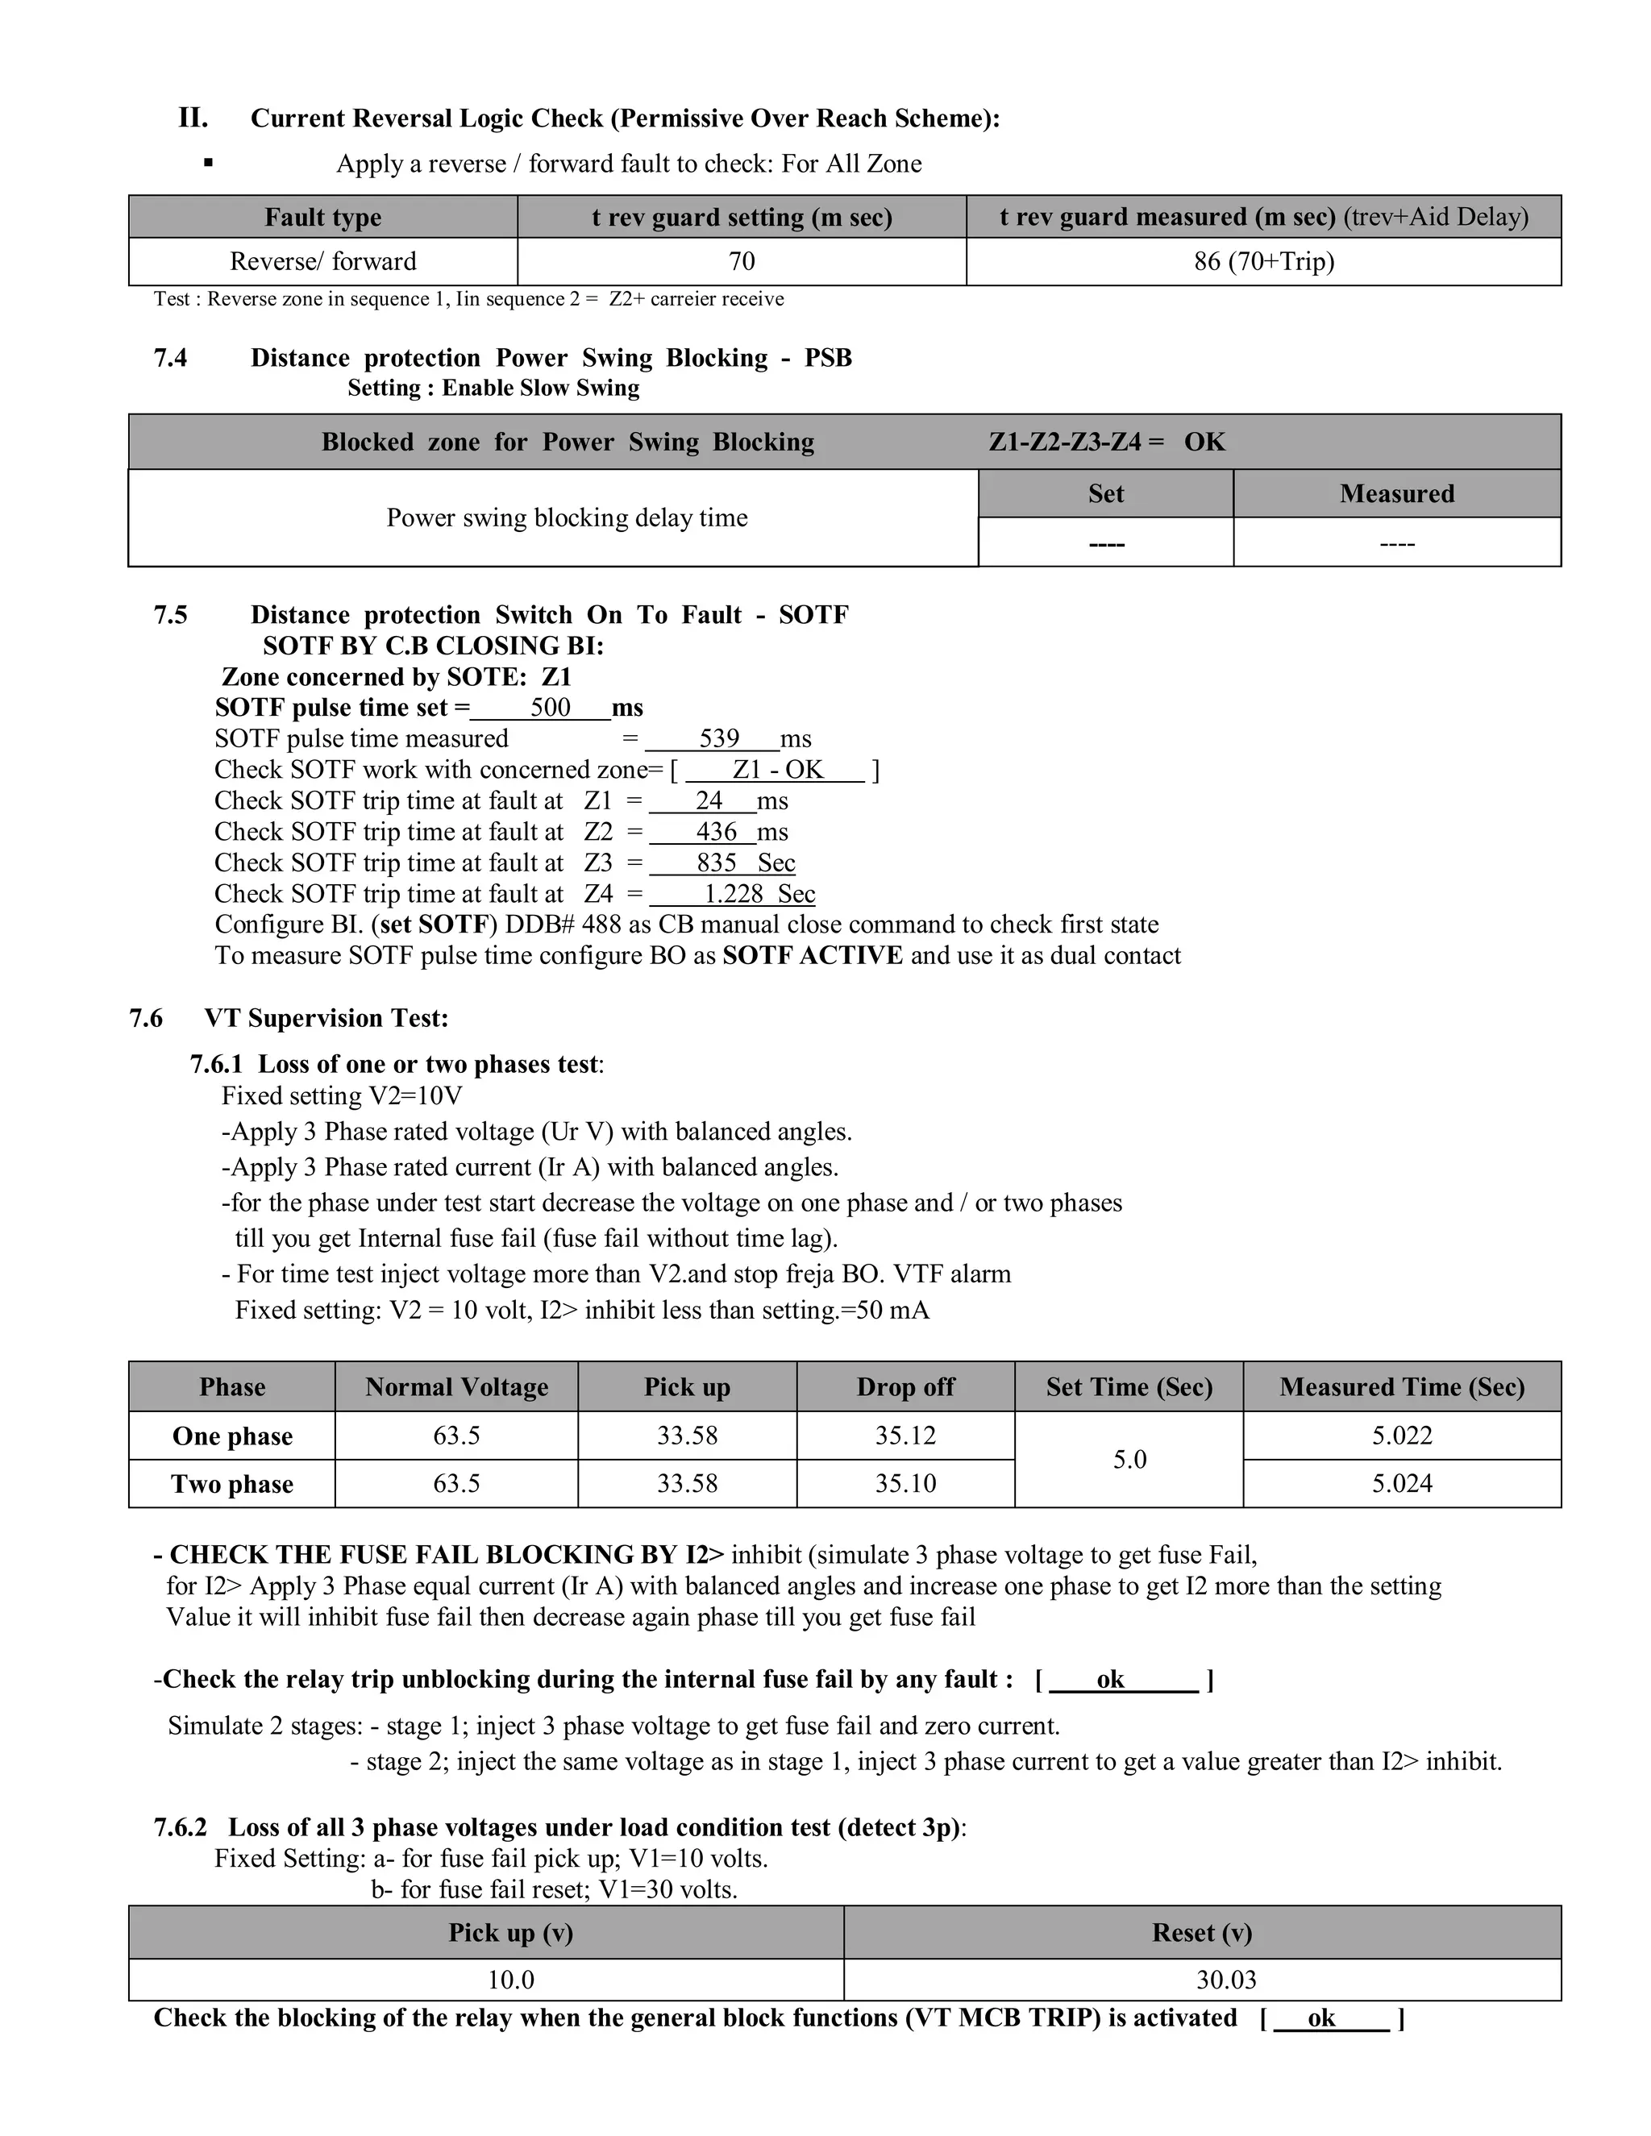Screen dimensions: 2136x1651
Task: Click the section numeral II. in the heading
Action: click(193, 118)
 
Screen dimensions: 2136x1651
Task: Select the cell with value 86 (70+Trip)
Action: click(1264, 261)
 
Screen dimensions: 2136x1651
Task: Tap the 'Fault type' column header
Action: click(322, 217)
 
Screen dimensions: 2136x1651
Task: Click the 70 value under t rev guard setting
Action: click(742, 261)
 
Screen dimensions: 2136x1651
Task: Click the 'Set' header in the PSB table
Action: click(1105, 494)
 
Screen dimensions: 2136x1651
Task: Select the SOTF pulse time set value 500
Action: click(550, 708)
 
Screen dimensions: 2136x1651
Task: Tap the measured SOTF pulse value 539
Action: click(719, 738)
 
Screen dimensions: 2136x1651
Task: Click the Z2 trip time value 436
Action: click(716, 833)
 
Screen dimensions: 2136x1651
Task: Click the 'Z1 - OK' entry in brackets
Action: click(778, 770)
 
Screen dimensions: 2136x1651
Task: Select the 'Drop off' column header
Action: click(905, 1387)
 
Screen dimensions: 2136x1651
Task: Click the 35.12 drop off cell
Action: click(905, 1436)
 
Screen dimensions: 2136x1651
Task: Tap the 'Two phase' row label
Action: click(232, 1484)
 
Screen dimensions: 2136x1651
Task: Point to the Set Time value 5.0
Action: click(1129, 1459)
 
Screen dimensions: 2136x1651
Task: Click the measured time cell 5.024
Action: click(1400, 1484)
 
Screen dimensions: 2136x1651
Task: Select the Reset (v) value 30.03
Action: click(1225, 1980)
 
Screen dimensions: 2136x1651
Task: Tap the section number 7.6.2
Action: click(180, 1827)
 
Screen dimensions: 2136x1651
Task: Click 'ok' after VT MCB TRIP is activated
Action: click(1320, 2018)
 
